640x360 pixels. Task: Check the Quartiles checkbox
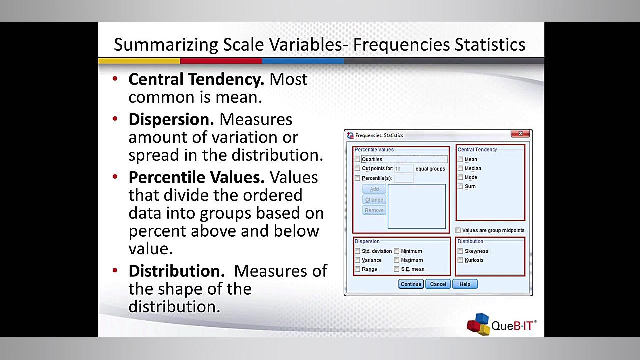[x=357, y=160]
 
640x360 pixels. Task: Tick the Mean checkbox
[x=460, y=160]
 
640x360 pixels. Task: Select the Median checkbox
[x=460, y=169]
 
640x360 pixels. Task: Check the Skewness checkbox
[x=460, y=251]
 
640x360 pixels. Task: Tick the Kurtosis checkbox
[x=460, y=260]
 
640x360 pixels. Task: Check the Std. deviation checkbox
[x=357, y=251]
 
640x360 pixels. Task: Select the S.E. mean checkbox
[x=396, y=269]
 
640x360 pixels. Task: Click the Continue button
[x=411, y=284]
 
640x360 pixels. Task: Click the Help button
[x=465, y=284]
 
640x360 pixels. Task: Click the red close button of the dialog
[x=520, y=134]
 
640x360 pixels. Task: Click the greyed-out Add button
[x=374, y=189]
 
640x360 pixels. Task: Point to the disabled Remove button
[x=374, y=210]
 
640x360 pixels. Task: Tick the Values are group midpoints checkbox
[x=458, y=231]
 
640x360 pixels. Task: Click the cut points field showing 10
[x=403, y=169]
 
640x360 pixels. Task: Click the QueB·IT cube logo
[x=478, y=324]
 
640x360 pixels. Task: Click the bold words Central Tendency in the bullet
[x=196, y=79]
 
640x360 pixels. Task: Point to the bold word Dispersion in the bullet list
[x=171, y=120]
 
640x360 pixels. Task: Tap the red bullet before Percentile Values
[x=115, y=177]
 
